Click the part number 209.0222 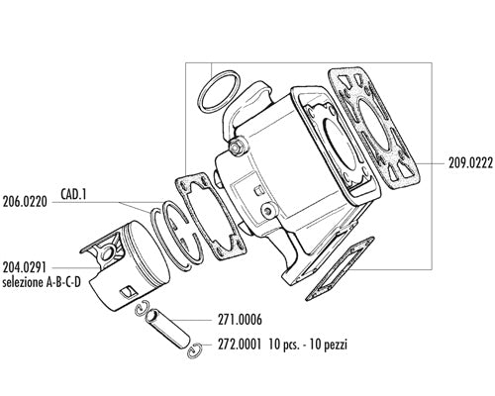[x=470, y=163]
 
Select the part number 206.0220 [x=25, y=202]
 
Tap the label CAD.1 [x=73, y=194]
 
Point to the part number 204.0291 [x=25, y=267]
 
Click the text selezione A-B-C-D [x=42, y=282]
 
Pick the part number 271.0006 [x=240, y=320]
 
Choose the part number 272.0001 [x=240, y=345]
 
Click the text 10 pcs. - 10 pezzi [x=308, y=345]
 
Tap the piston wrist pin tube [x=167, y=330]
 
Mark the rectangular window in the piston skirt [x=128, y=291]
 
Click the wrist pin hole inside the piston [x=107, y=253]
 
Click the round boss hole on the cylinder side [x=268, y=210]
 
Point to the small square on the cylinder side [x=258, y=190]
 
